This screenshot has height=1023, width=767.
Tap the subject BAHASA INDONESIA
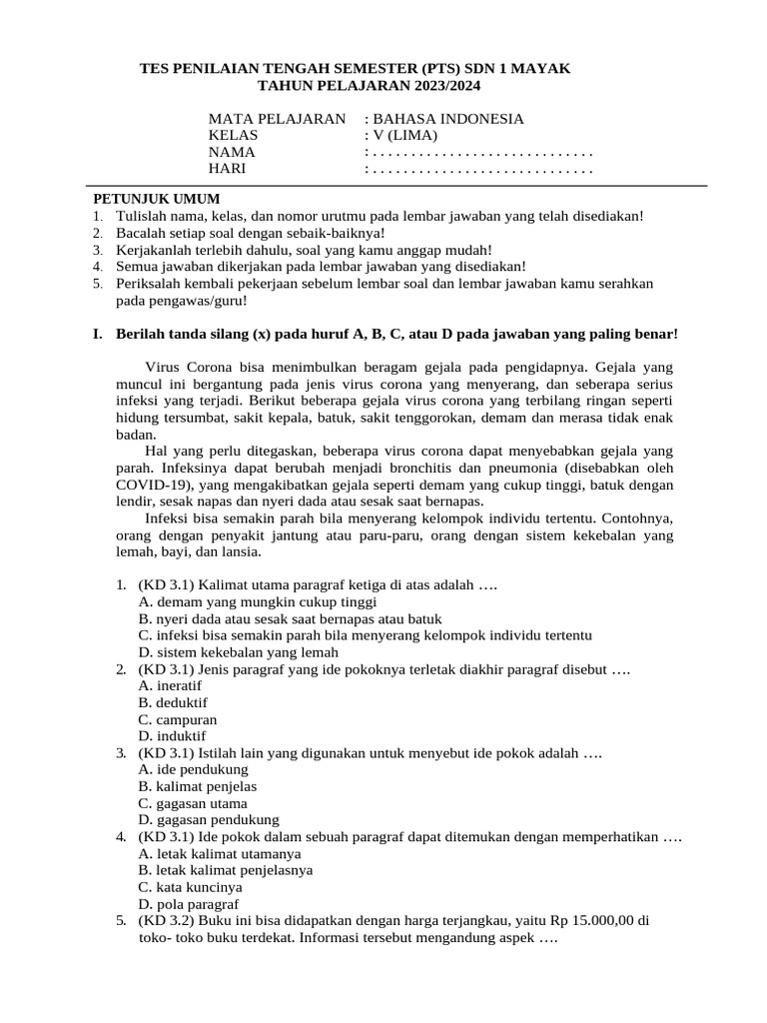(x=448, y=119)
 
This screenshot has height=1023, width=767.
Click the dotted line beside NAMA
(x=480, y=153)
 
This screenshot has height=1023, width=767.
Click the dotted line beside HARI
(x=480, y=169)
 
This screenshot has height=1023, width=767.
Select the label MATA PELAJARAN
(x=277, y=119)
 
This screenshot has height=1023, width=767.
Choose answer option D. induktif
(x=172, y=736)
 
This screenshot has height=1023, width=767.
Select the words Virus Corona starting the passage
(x=190, y=366)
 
